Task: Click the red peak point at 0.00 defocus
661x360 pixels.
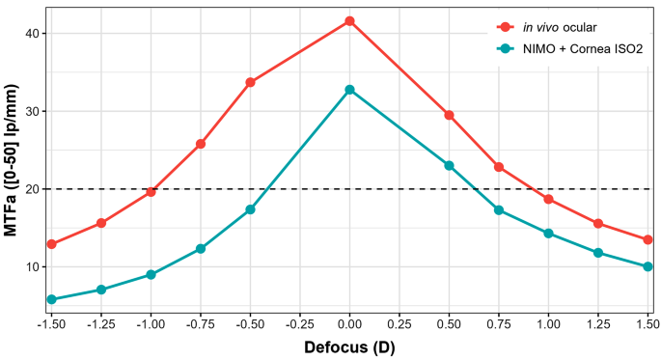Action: (349, 20)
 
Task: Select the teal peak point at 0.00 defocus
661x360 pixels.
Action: (349, 90)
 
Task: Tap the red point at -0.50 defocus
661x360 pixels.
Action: (250, 82)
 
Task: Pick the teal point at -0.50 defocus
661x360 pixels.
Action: (250, 209)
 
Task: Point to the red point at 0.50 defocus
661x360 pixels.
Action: (449, 115)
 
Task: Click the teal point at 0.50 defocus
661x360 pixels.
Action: (449, 165)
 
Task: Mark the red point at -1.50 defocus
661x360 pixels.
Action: (51, 244)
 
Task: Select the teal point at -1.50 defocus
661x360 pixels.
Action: (51, 299)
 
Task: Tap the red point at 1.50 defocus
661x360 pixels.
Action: (647, 239)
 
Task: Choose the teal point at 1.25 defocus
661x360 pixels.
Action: (598, 253)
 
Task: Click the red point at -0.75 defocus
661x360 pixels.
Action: (201, 144)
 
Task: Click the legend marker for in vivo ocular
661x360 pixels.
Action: (502, 26)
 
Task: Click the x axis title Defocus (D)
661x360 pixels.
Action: (349, 346)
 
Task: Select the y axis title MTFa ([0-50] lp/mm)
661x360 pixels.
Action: (12, 164)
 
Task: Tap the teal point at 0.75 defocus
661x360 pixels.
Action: (499, 209)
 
